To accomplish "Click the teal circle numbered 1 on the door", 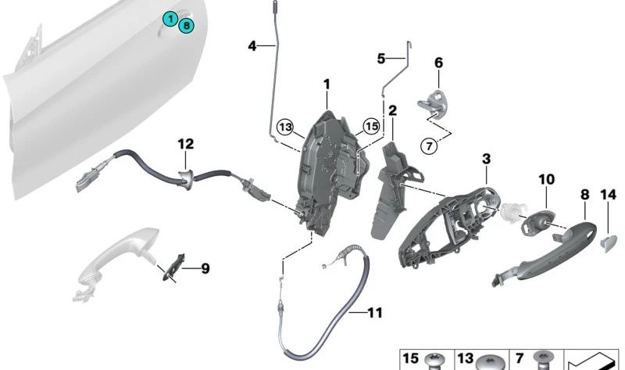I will pyautogui.click(x=170, y=18).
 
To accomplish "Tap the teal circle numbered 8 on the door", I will pyautogui.click(x=186, y=25).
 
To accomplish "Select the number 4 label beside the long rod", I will pyautogui.click(x=252, y=47).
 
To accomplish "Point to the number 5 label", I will pyautogui.click(x=381, y=58).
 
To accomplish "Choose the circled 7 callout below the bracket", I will pyautogui.click(x=427, y=145).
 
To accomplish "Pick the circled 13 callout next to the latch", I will pyautogui.click(x=285, y=128).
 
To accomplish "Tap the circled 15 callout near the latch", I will pyautogui.click(x=371, y=125).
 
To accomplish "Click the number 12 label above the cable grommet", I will pyautogui.click(x=184, y=144).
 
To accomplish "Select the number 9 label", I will pyautogui.click(x=205, y=269).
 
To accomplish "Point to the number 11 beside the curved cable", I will pyautogui.click(x=374, y=313).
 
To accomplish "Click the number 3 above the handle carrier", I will pyautogui.click(x=486, y=159).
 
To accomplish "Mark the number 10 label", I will pyautogui.click(x=545, y=180).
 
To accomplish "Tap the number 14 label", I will pyautogui.click(x=608, y=195).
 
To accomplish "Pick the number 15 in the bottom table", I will pyautogui.click(x=411, y=358).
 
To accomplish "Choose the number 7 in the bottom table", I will pyautogui.click(x=520, y=358).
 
